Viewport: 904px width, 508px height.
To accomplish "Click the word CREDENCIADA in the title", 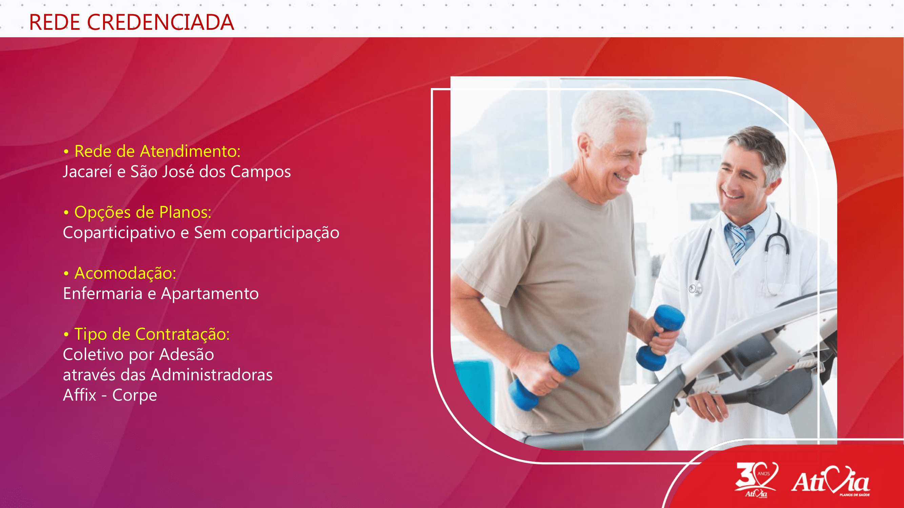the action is (x=160, y=22).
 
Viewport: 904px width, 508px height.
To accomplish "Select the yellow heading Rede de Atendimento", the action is (x=157, y=151).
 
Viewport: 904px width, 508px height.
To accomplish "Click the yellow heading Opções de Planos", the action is (x=143, y=212).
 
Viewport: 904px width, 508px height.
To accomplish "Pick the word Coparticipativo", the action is (x=119, y=233).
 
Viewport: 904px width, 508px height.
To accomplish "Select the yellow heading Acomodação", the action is (x=125, y=273).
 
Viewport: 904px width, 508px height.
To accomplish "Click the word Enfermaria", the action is (x=102, y=293).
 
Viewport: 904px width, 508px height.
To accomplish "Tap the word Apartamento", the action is (x=210, y=294).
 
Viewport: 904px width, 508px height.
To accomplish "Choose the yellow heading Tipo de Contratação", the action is (x=152, y=334).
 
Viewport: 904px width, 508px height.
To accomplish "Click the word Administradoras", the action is (x=212, y=375).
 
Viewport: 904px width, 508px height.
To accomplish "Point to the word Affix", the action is (x=79, y=395).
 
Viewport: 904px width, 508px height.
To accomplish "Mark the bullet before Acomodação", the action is (x=66, y=273).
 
